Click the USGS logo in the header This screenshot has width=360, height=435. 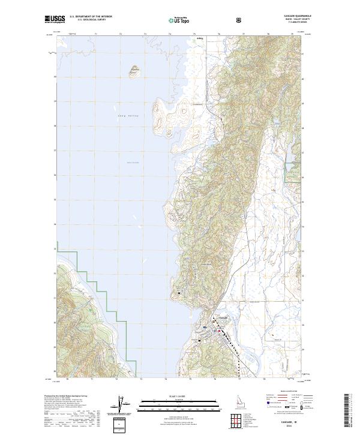click(x=54, y=20)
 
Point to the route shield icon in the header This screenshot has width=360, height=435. click(x=240, y=20)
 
